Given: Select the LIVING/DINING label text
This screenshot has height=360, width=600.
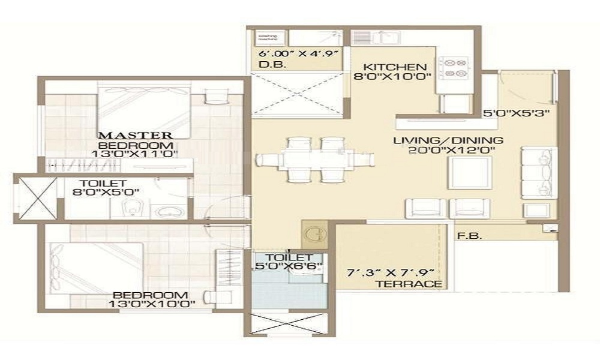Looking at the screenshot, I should tap(448, 141).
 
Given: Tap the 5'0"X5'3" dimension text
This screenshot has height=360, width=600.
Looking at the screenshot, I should tap(517, 113).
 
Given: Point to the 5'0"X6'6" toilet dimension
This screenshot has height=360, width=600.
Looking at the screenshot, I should tap(287, 265).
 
